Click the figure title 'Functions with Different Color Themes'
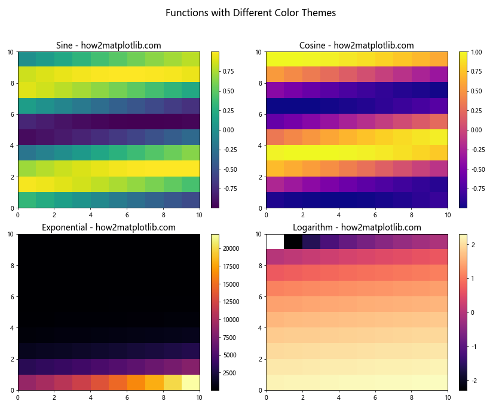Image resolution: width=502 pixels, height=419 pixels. coord(250,13)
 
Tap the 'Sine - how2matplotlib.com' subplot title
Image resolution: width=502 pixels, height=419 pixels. coord(108,45)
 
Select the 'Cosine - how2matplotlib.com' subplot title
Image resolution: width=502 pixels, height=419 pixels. coord(356,45)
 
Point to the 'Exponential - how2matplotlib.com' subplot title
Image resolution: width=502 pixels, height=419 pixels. coord(108,227)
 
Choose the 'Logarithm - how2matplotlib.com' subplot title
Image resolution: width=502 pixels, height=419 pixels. coord(356,227)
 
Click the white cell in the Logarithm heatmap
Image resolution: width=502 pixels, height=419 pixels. coord(275,241)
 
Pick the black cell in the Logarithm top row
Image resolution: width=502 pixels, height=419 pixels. coord(293,241)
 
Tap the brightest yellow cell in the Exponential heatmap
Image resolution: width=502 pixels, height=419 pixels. coord(191,382)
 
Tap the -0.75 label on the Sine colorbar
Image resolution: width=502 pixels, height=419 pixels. coord(229,189)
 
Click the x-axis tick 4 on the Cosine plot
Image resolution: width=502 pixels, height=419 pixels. coord(339,215)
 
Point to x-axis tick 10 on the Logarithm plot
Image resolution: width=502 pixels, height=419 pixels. coord(448,397)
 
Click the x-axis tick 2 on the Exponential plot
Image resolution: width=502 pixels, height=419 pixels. coord(54,397)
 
